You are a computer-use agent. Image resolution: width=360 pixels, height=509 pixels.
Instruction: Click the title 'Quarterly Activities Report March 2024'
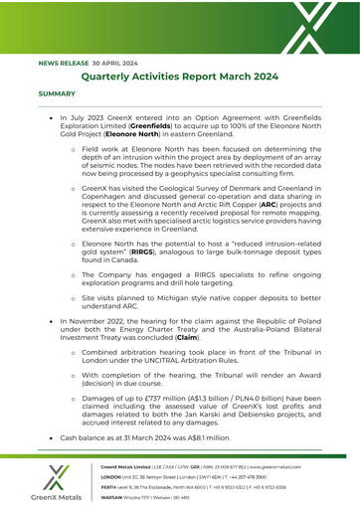[180, 76]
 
